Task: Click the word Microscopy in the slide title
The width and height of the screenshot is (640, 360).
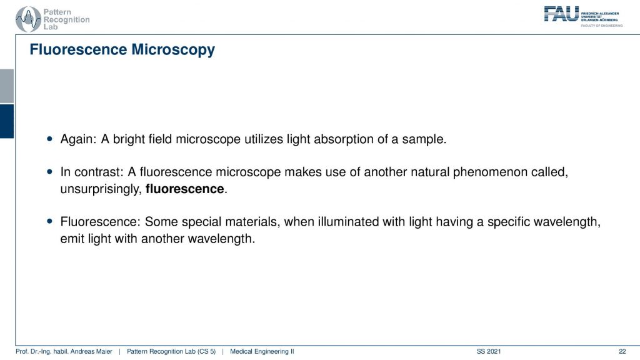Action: tap(173, 50)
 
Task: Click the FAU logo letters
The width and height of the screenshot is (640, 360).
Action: tap(561, 14)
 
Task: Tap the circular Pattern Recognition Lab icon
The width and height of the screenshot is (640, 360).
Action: tap(28, 19)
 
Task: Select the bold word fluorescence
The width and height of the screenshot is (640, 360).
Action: tap(184, 189)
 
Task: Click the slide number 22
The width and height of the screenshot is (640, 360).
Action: tap(622, 351)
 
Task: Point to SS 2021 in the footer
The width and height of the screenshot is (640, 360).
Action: tap(489, 351)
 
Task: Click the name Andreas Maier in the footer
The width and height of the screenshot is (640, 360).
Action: tap(91, 351)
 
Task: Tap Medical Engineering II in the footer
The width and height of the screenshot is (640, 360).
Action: tap(262, 351)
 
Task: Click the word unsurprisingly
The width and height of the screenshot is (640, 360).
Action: tap(101, 189)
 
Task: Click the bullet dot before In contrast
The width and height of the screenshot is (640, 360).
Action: tap(50, 172)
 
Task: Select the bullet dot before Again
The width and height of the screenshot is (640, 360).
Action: tap(50, 139)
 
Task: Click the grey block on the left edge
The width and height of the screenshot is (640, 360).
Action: tap(7, 86)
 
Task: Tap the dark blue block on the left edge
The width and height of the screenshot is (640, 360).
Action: tap(7, 121)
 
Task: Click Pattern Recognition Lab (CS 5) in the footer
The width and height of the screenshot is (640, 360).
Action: tap(171, 351)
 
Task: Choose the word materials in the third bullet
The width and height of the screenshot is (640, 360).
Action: tap(252, 222)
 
